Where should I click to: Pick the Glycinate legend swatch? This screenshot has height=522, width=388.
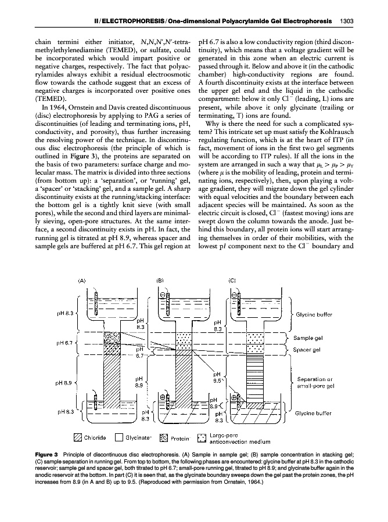point(120,437)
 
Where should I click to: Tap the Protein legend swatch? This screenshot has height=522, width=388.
point(163,437)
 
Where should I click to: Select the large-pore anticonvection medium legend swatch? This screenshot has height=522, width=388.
point(202,437)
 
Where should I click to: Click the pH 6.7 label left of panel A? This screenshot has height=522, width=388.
point(64,343)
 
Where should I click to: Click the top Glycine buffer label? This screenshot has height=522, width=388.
point(314,314)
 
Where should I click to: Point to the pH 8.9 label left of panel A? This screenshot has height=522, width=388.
point(64,383)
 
